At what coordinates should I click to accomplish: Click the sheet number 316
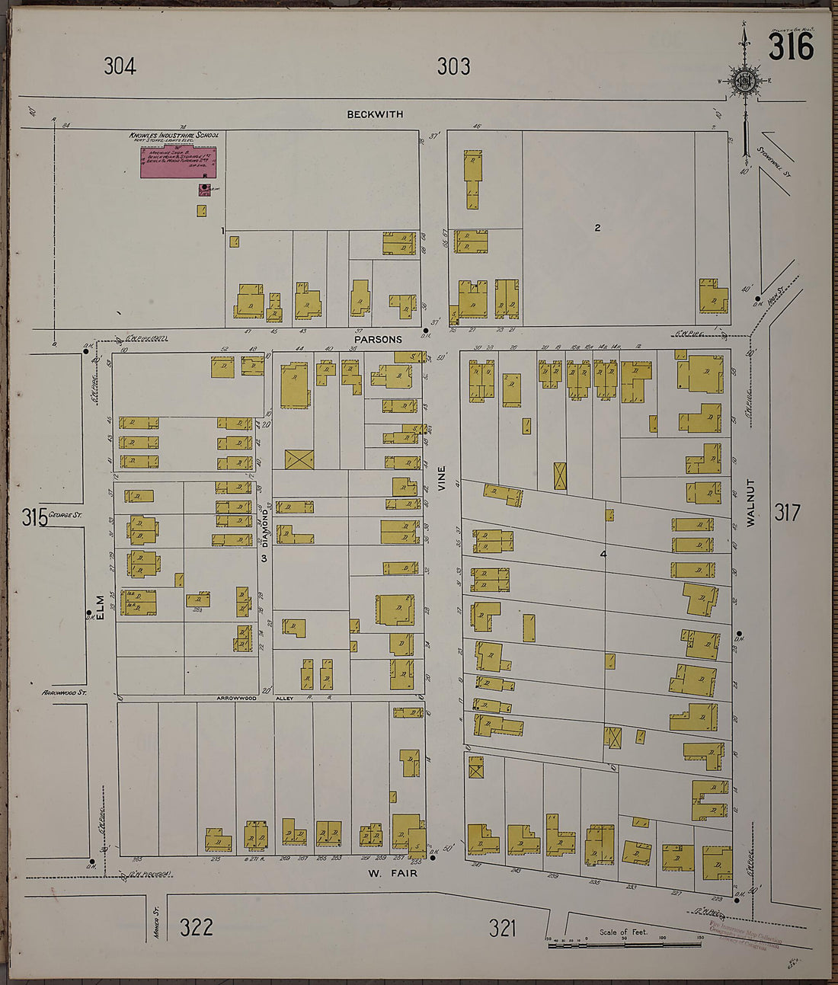tap(791, 47)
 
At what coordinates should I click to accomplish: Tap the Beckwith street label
tap(375, 114)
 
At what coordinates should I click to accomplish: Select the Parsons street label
tap(378, 339)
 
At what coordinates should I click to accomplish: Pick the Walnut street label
tap(750, 503)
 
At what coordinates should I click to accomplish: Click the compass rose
tap(744, 81)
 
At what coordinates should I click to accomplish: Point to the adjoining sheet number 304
tap(120, 66)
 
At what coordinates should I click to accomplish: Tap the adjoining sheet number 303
tap(453, 66)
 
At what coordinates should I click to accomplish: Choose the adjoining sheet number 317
tap(787, 513)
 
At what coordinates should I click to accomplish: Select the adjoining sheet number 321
tap(502, 928)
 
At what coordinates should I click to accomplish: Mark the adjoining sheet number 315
tap(35, 518)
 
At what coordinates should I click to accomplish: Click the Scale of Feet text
tap(623, 932)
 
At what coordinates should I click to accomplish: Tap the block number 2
tap(597, 227)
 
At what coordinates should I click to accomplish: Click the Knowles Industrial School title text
tap(174, 135)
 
